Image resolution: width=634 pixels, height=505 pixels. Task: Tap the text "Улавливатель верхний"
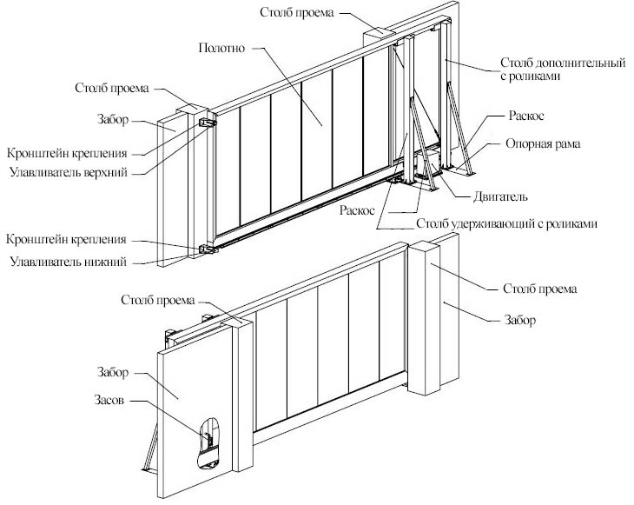tap(67, 172)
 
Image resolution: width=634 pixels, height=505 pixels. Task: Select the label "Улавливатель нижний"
tap(68, 261)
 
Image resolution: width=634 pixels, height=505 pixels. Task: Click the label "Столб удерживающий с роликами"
tap(507, 223)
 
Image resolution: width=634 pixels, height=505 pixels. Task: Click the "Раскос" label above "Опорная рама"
tap(526, 116)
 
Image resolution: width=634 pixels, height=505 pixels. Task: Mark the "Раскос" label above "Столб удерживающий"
tap(357, 209)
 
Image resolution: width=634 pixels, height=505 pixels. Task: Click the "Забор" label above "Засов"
tap(113, 373)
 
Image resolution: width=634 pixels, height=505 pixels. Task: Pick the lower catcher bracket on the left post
tap(207, 250)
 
